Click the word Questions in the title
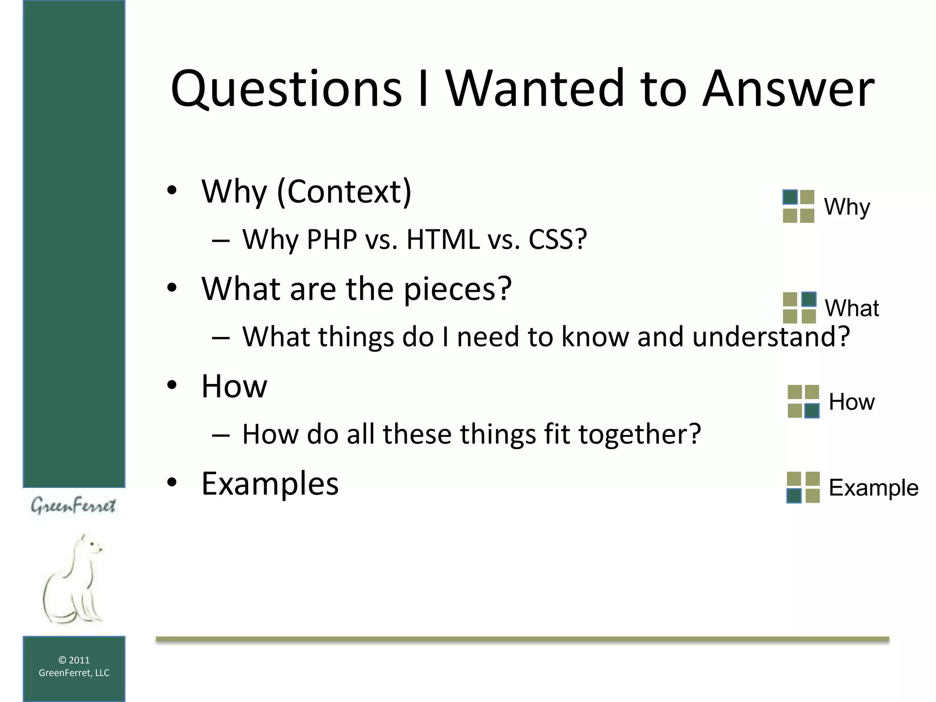286,89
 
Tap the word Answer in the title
788,89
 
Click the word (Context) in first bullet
344,192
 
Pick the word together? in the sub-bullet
639,434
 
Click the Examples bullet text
270,484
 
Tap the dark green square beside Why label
790,197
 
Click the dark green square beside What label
808,299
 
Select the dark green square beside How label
812,410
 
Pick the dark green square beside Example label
794,495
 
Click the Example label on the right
873,488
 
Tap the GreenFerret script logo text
73,506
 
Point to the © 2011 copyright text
74,660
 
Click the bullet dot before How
172,385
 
